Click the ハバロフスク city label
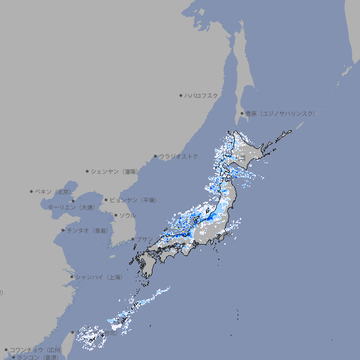(201, 95)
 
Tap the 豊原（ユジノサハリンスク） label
(280, 113)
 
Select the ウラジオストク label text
(179, 156)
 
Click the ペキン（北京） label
(53, 191)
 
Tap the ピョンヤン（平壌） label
(134, 200)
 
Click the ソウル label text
(127, 215)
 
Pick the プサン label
(143, 239)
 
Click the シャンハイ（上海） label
(98, 277)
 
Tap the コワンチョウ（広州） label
(35, 349)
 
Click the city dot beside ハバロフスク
(181, 95)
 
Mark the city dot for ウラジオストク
(155, 156)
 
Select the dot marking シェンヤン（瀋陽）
(87, 171)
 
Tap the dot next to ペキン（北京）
(31, 191)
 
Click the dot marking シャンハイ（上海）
(72, 277)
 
